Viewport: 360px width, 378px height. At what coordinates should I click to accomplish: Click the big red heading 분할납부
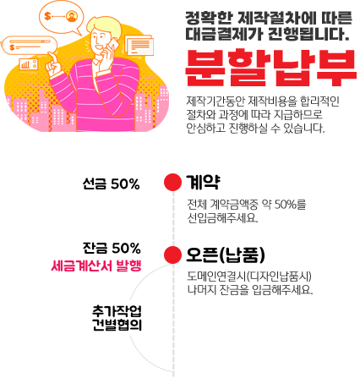click(x=270, y=68)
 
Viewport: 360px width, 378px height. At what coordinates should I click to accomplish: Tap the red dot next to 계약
click(x=172, y=182)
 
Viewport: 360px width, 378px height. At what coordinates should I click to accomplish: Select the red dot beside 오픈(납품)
click(x=172, y=255)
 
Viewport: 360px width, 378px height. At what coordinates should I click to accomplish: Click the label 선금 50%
click(x=111, y=184)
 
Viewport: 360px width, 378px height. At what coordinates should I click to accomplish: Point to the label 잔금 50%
click(x=112, y=248)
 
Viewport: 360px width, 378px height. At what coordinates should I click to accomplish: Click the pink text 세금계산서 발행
click(x=96, y=266)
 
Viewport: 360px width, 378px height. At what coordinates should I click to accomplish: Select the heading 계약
click(x=203, y=183)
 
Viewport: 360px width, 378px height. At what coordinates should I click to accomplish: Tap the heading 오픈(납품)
click(x=226, y=255)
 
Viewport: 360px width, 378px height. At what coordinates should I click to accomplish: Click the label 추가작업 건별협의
click(x=117, y=318)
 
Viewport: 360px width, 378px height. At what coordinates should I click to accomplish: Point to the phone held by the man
click(x=112, y=45)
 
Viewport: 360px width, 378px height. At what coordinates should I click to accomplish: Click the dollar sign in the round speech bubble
click(x=47, y=16)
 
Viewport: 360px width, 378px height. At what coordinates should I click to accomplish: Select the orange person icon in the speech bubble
click(x=72, y=16)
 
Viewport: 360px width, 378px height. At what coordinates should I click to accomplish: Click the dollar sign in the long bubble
click(x=12, y=47)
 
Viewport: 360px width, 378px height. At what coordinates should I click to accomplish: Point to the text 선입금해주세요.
click(x=222, y=218)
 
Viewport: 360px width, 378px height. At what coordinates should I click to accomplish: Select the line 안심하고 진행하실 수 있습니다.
click(x=255, y=129)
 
